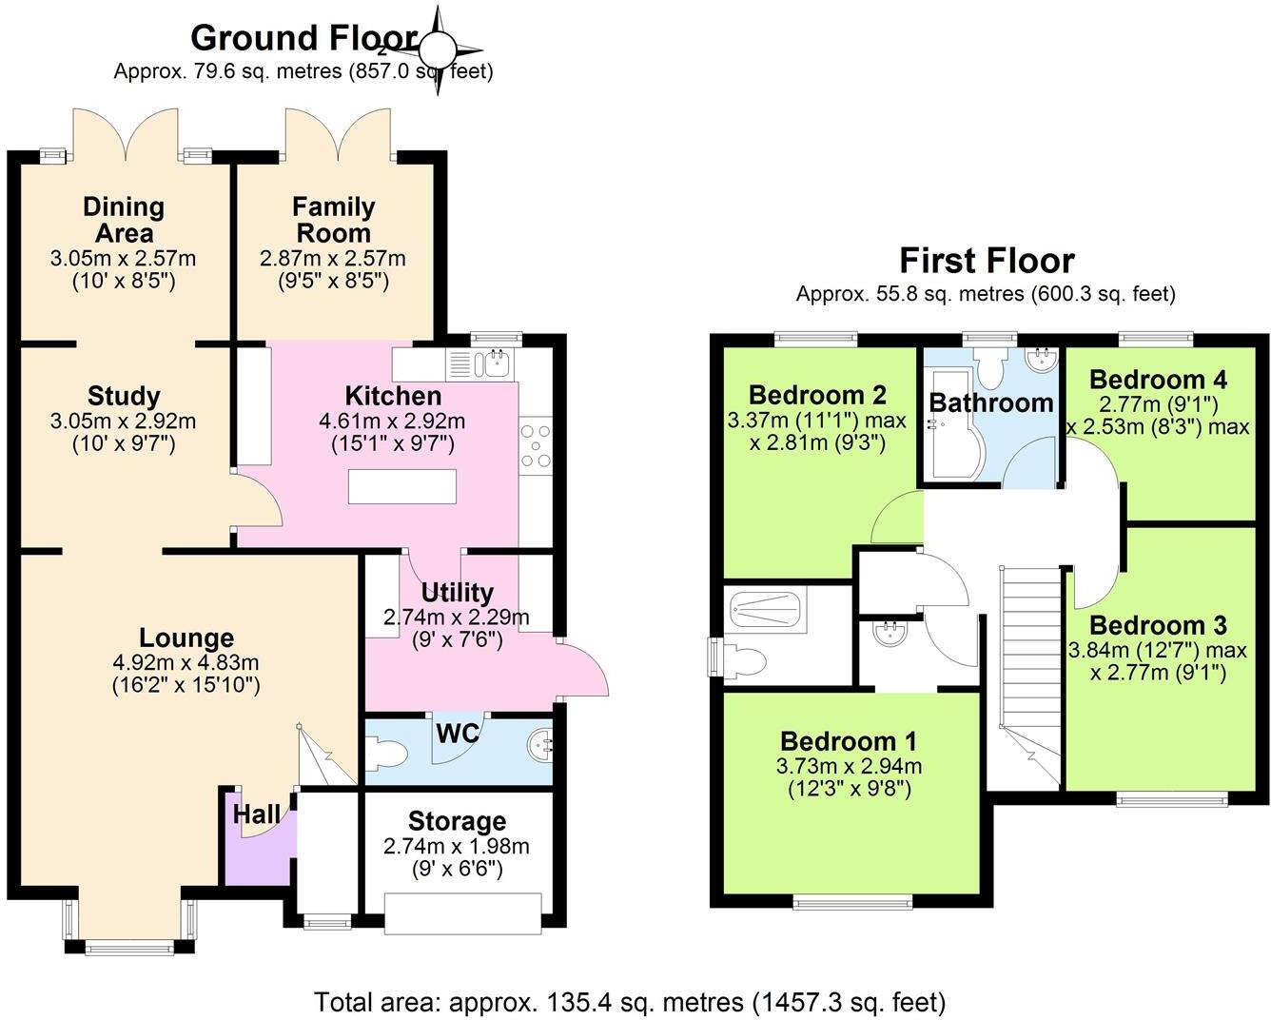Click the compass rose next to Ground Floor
(x=439, y=49)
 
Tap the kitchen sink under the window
(x=497, y=363)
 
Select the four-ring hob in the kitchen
(x=536, y=445)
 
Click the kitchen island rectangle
(x=401, y=485)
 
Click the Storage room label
(x=457, y=821)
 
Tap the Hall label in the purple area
(x=257, y=814)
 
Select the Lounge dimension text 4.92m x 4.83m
(x=186, y=662)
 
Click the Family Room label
(x=333, y=220)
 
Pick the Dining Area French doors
(x=125, y=133)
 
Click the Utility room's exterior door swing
(x=585, y=671)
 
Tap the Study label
(x=124, y=396)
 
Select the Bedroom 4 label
(x=1158, y=380)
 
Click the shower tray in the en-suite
(x=765, y=607)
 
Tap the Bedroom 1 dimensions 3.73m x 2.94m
(x=849, y=766)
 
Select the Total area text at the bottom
(x=630, y=1002)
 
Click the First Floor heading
(x=987, y=261)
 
